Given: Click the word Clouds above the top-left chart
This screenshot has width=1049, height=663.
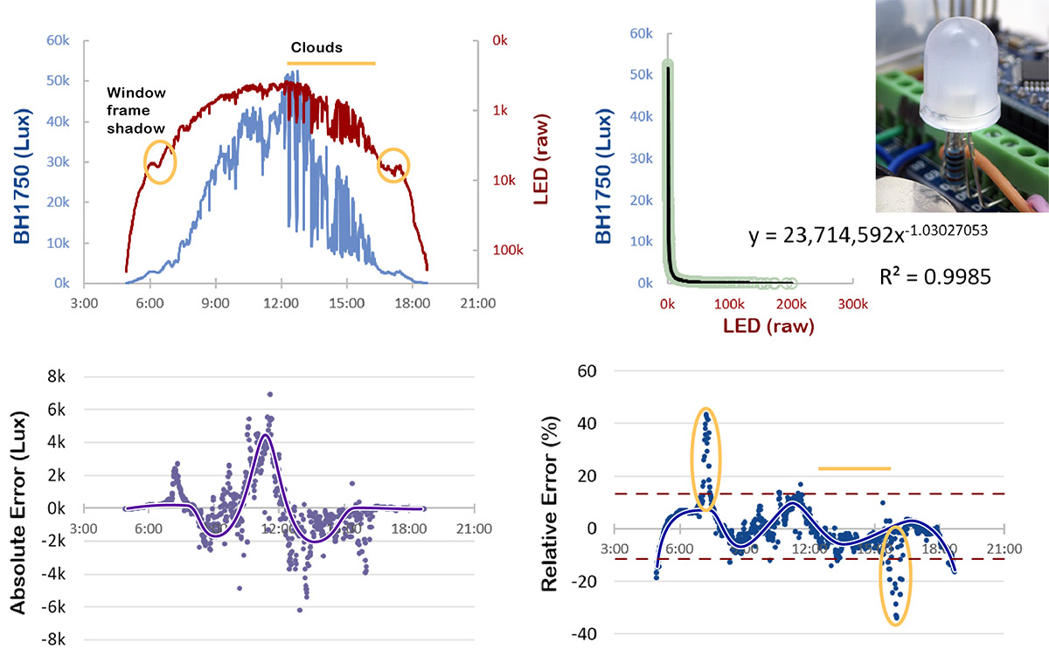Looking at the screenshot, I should pyautogui.click(x=316, y=47).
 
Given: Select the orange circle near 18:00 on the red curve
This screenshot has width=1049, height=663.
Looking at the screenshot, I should pyautogui.click(x=393, y=165).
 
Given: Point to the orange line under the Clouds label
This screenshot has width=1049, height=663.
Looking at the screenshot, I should pyautogui.click(x=331, y=63).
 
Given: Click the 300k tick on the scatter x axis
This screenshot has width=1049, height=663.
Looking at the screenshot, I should pyautogui.click(x=852, y=303).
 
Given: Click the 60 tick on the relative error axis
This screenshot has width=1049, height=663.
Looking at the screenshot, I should pyautogui.click(x=585, y=370).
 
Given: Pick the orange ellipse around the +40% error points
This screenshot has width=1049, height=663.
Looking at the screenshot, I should pyautogui.click(x=706, y=459).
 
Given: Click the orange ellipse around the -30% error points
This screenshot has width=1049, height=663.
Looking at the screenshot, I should pyautogui.click(x=894, y=572).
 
